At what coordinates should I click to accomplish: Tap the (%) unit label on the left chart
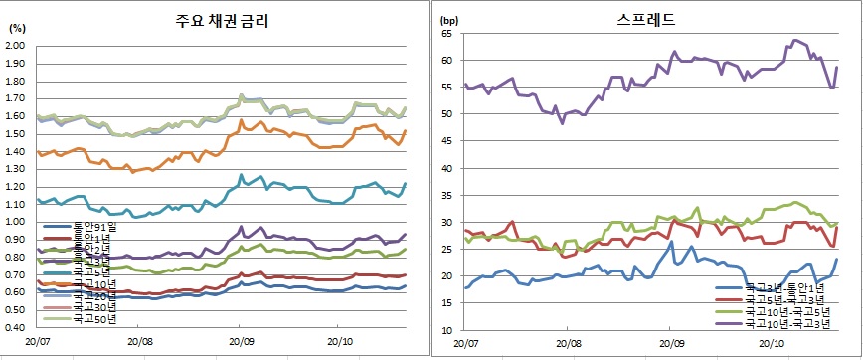tap(17, 29)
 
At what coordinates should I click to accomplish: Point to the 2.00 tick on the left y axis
tap(17, 45)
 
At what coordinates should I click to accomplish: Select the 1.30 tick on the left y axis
tap(17, 168)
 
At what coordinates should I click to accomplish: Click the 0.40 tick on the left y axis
tap(17, 327)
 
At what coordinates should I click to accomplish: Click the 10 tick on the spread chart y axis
tap(447, 330)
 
